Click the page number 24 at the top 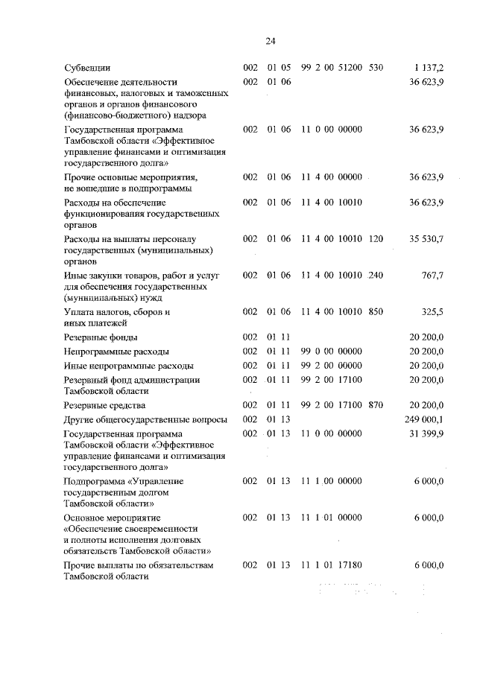click(271, 41)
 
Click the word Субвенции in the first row click(87, 68)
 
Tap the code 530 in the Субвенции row click(376, 68)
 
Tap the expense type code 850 click(376, 311)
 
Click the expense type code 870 click(376, 405)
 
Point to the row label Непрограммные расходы click(116, 351)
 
